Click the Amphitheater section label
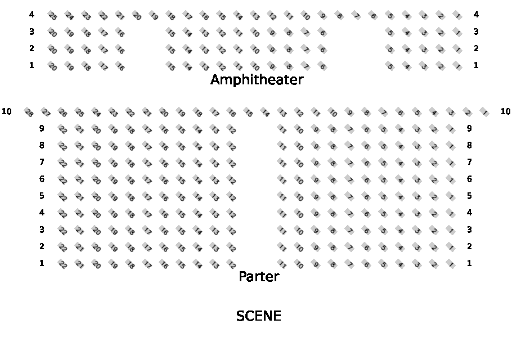(x=257, y=80)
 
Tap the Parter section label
(x=259, y=276)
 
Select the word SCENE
(x=258, y=316)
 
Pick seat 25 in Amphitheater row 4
(x=52, y=16)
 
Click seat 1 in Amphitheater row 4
(x=457, y=16)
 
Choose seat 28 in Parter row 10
(x=29, y=112)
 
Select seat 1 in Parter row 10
(x=484, y=112)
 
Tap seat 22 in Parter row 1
(x=62, y=264)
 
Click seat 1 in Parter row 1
(x=451, y=264)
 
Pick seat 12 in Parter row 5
(x=231, y=197)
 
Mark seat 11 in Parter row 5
(x=282, y=197)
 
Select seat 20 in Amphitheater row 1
(x=52, y=66)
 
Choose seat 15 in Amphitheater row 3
(x=170, y=33)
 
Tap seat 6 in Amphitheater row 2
(x=322, y=49)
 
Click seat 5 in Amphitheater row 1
(x=390, y=66)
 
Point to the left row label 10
(x=7, y=111)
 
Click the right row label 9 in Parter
(x=469, y=128)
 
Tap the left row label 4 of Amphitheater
(x=32, y=15)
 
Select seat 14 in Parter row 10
(x=265, y=112)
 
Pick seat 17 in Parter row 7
(x=147, y=163)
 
